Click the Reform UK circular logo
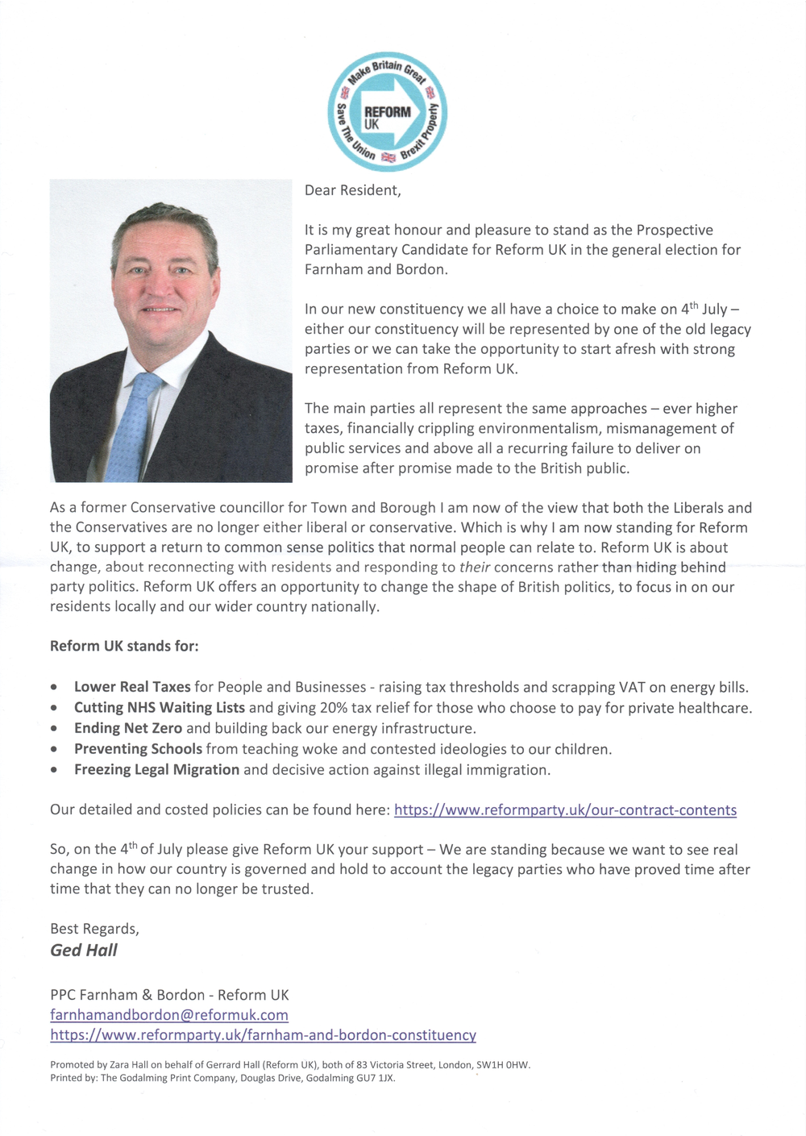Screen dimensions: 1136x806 (x=387, y=112)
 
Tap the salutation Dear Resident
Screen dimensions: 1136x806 (x=352, y=190)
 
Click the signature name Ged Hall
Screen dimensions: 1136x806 (x=84, y=950)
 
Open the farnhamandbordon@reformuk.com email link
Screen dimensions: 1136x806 (x=169, y=1014)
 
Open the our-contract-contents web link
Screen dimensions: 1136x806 (x=565, y=809)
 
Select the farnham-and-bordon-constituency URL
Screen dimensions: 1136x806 (x=263, y=1034)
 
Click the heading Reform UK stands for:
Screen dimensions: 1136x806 (x=124, y=646)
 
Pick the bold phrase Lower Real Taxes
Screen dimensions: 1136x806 (x=132, y=687)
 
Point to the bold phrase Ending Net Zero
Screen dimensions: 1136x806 (x=128, y=728)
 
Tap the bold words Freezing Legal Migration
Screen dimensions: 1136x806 (x=156, y=769)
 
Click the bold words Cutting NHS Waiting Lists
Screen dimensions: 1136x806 (x=160, y=708)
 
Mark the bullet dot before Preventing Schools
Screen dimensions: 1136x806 (x=54, y=749)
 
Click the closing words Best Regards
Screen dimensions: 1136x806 (x=94, y=929)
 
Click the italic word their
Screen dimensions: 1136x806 (x=475, y=567)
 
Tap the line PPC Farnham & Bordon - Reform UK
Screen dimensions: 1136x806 (x=169, y=995)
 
